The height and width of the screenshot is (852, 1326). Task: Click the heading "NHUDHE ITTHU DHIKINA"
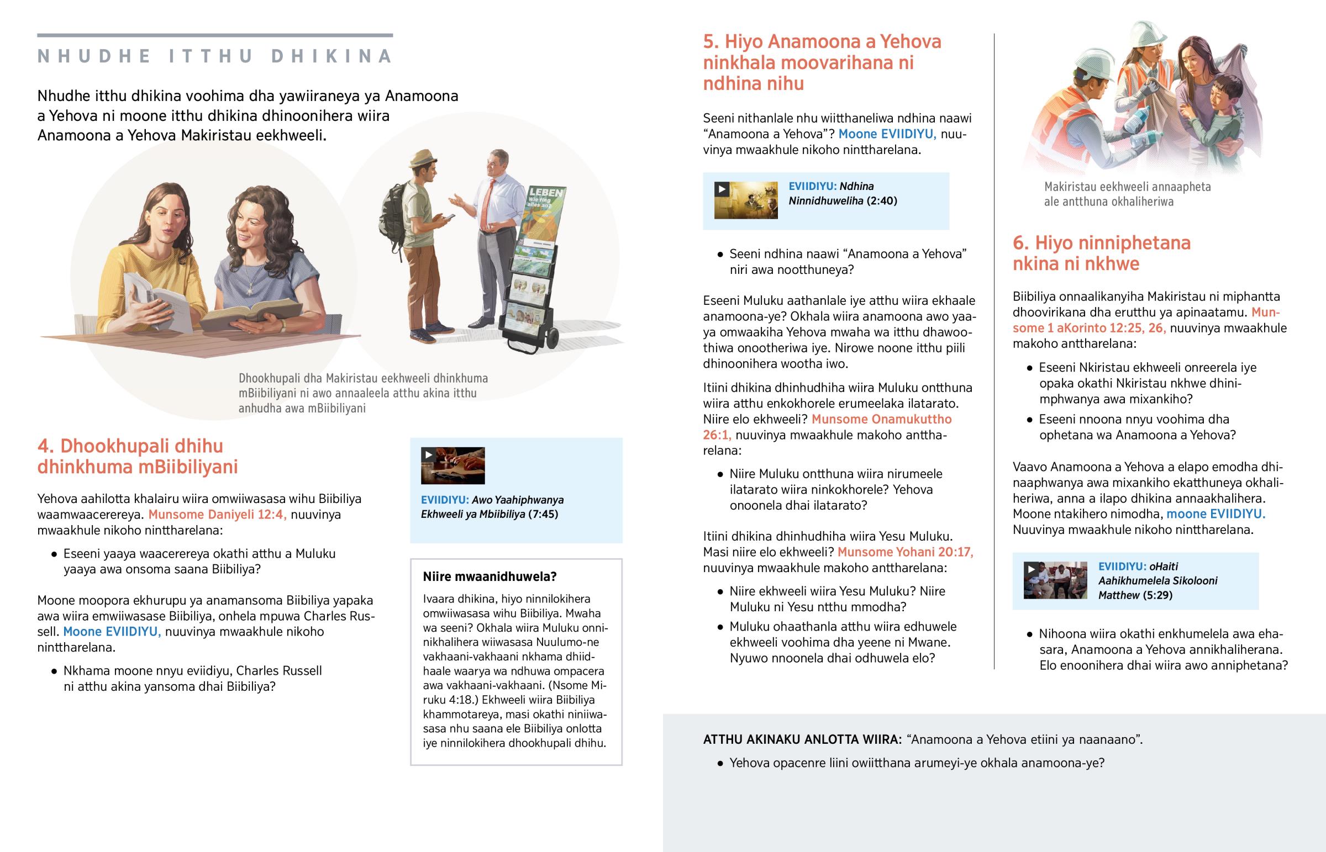[215, 56]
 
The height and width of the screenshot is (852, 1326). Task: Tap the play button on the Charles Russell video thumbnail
[428, 456]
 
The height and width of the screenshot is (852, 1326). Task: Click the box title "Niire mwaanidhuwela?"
[489, 576]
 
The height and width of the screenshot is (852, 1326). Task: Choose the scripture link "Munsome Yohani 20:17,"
[905, 552]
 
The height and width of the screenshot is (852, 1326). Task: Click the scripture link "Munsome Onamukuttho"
[881, 419]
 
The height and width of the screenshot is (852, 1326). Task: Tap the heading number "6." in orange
[1020, 243]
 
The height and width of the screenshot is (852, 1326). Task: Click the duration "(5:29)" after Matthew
[1157, 595]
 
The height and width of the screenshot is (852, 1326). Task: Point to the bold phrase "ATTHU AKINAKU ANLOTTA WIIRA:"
[802, 740]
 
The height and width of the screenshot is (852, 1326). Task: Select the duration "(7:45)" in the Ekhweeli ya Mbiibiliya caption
[544, 515]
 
